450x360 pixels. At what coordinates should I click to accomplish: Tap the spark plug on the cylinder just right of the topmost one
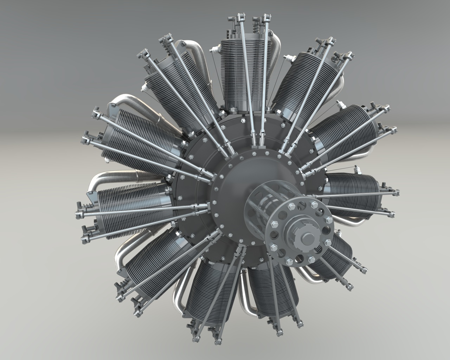[x=287, y=57]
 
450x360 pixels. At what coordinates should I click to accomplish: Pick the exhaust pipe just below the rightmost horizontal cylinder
[x=352, y=221]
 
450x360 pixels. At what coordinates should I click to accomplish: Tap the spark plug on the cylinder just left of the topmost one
[x=144, y=87]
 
